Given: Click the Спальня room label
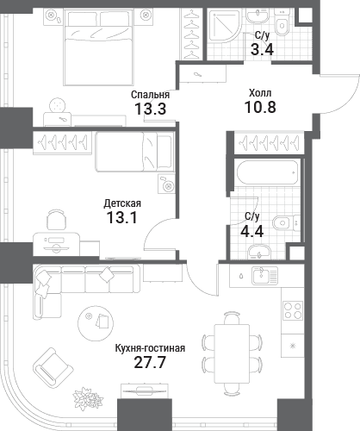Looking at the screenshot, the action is click(x=150, y=95).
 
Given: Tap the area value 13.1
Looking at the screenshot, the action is click(x=121, y=217).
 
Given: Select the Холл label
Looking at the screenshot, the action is click(x=260, y=93).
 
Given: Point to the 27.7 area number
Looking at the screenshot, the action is click(x=150, y=363).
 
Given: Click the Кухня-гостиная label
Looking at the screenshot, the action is click(x=150, y=348).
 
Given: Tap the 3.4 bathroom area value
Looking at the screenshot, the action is click(x=262, y=50).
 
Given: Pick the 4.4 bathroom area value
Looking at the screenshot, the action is click(x=252, y=231).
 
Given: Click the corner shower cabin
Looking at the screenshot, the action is click(x=224, y=26).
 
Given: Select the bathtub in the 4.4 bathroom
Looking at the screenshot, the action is click(x=267, y=172).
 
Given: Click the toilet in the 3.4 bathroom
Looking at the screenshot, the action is click(x=282, y=22).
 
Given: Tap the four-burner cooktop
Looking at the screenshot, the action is click(x=293, y=310).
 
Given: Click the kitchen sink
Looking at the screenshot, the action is click(x=264, y=275).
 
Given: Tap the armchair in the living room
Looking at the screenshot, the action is click(x=53, y=368).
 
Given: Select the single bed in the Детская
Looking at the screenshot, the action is click(x=134, y=152).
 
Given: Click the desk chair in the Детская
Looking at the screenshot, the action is click(x=57, y=219).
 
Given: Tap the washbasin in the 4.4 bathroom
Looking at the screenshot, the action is click(x=259, y=252).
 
